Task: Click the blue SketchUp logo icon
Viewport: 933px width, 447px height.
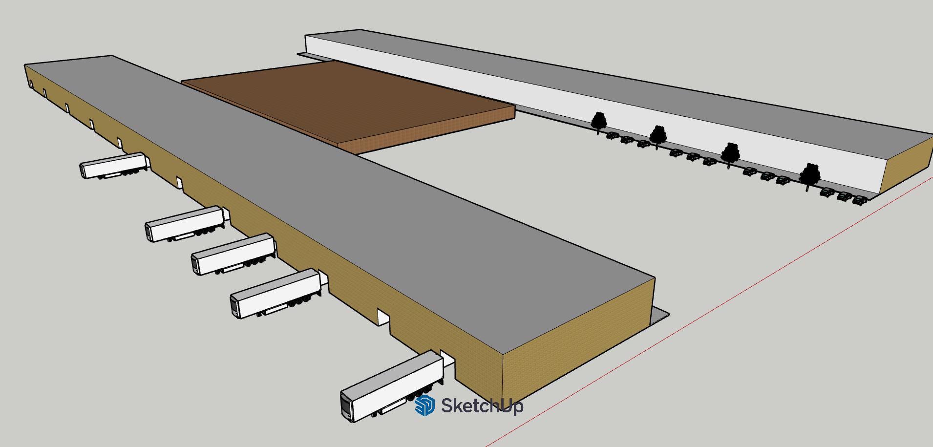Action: point(424,405)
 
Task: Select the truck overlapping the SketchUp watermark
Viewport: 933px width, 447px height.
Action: point(391,386)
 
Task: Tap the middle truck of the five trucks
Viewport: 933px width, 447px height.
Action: point(233,254)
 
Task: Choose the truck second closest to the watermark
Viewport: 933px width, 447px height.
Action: point(276,293)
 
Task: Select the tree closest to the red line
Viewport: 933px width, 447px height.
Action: point(810,175)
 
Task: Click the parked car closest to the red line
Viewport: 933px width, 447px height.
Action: point(860,200)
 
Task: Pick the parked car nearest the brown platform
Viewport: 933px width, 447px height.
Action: point(613,135)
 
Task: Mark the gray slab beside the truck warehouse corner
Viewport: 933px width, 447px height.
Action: point(659,315)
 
